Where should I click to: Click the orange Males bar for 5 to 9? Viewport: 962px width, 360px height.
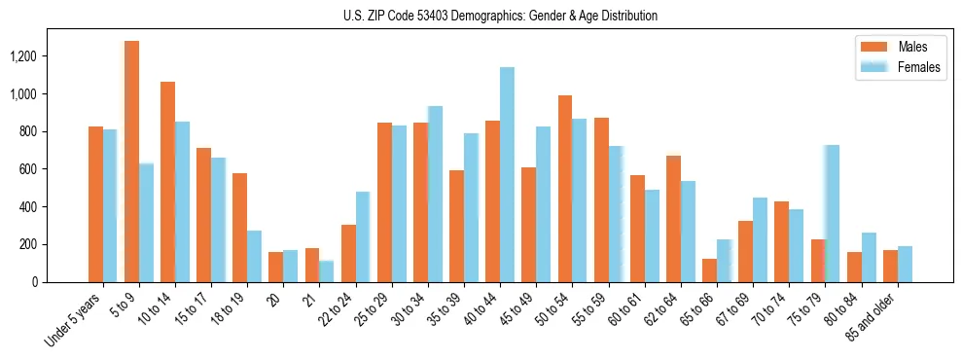pyautogui.click(x=131, y=162)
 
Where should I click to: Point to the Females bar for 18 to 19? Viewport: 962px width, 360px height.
pyautogui.click(x=254, y=256)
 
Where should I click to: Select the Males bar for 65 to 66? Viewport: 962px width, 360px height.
pyautogui.click(x=709, y=270)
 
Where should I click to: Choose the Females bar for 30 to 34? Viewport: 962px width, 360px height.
pyautogui.click(x=435, y=195)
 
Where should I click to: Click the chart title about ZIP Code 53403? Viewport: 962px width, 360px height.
pyautogui.click(x=500, y=16)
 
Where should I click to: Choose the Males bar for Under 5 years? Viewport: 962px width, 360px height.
pyautogui.click(x=95, y=204)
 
